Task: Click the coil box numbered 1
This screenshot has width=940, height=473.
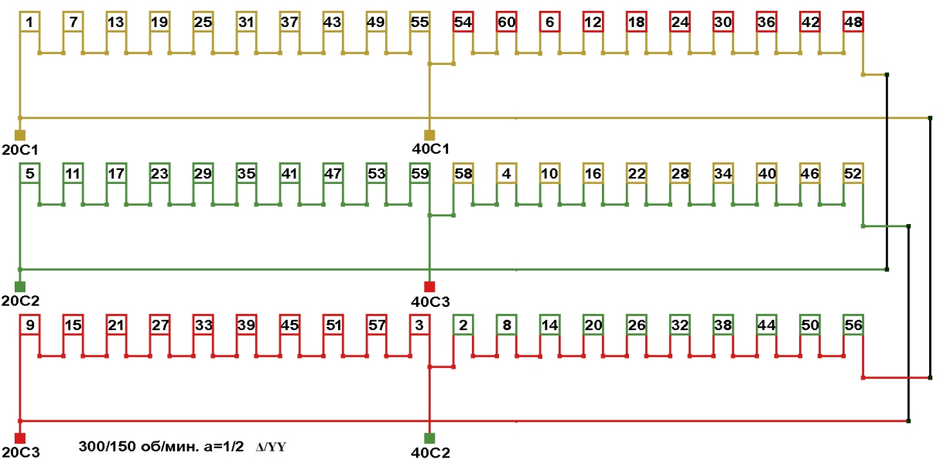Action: coord(29,22)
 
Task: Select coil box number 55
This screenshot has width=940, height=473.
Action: coord(419,22)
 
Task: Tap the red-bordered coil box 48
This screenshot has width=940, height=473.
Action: coord(853,22)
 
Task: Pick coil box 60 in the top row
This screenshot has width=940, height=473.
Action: coord(506,22)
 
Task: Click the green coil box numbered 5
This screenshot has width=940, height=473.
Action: coord(29,173)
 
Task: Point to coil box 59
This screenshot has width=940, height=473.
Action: coord(419,173)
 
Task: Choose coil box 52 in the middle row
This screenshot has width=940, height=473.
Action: coord(853,173)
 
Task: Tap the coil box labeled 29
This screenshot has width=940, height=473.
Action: coord(203,173)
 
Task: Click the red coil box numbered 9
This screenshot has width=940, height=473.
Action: coord(29,325)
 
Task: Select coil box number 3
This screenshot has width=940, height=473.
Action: coord(419,325)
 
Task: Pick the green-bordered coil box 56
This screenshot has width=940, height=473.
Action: coord(853,325)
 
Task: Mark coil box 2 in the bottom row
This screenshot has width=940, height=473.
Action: coord(463,325)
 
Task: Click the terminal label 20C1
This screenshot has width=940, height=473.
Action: coord(20,148)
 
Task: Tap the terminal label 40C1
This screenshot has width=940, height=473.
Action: coord(432,148)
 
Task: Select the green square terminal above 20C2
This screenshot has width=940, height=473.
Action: coord(20,286)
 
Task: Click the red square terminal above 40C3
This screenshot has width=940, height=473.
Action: coord(429,286)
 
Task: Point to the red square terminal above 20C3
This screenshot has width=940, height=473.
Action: coord(20,437)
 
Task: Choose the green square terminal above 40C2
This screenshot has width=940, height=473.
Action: coord(429,437)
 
